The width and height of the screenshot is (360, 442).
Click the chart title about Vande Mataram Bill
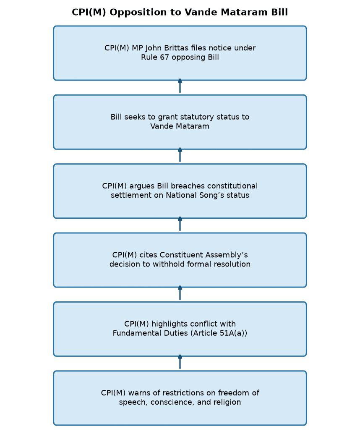tap(180, 12)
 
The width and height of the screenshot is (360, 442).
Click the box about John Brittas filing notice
tap(180, 53)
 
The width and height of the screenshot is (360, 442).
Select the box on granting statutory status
tap(180, 122)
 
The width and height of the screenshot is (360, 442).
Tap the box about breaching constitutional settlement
tap(180, 191)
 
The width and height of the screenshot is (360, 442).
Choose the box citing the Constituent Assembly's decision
tap(180, 260)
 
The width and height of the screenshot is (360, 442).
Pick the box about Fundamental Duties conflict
tap(180, 329)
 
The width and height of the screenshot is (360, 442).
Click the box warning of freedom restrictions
tap(180, 398)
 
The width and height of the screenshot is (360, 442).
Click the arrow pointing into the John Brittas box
tap(180, 86)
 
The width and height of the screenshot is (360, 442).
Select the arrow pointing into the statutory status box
tap(180, 155)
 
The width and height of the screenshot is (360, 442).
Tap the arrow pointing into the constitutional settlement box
tap(180, 224)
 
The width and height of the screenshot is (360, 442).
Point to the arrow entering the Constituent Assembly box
tap(180, 293)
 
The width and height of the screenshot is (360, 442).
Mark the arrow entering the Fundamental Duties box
tap(180, 362)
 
